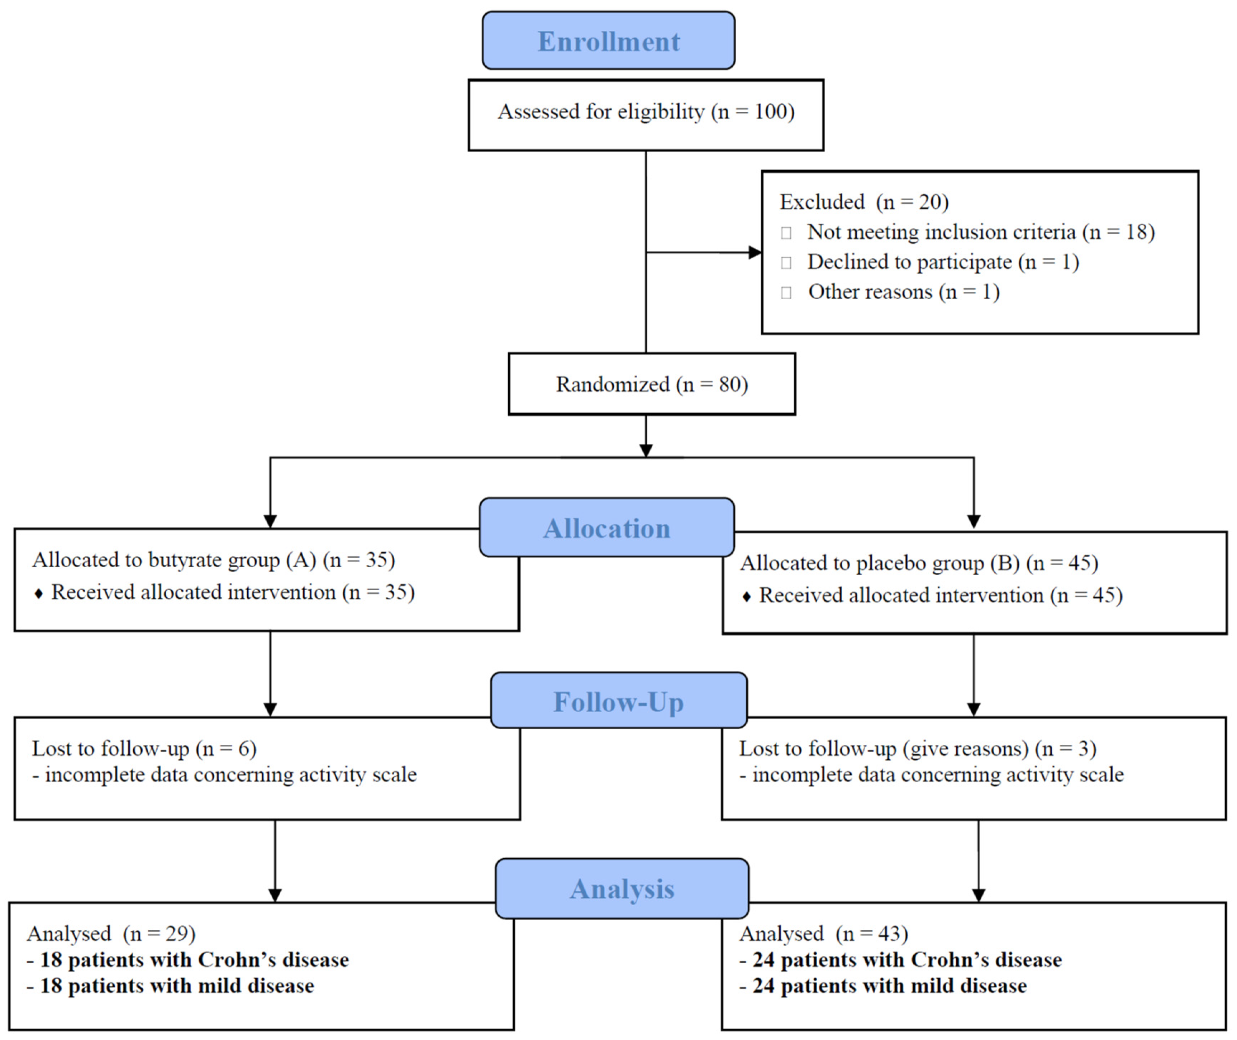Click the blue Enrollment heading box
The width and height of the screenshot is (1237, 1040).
coord(609,41)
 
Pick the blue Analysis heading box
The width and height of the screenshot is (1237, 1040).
coord(622,888)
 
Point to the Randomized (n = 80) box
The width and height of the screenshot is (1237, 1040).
coord(652,385)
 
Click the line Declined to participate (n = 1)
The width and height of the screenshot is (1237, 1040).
coord(943,262)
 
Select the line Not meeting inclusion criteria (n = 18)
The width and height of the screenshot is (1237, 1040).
coord(980,232)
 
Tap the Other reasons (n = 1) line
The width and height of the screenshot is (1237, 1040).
coord(903,292)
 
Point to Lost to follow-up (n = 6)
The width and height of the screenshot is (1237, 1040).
coord(144,749)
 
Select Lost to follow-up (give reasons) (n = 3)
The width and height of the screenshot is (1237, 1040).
coord(917,749)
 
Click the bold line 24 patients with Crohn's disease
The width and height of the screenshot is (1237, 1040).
coord(900,960)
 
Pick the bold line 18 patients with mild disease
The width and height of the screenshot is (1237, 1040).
coord(170,986)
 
